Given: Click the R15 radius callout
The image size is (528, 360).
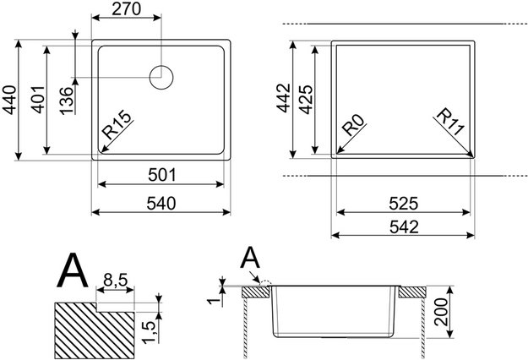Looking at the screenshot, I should [x=117, y=133].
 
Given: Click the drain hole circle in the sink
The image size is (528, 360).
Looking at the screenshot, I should [x=161, y=77].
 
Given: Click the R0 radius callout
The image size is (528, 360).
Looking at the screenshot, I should [x=354, y=132].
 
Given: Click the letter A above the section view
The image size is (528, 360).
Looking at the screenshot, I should [x=251, y=256].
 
